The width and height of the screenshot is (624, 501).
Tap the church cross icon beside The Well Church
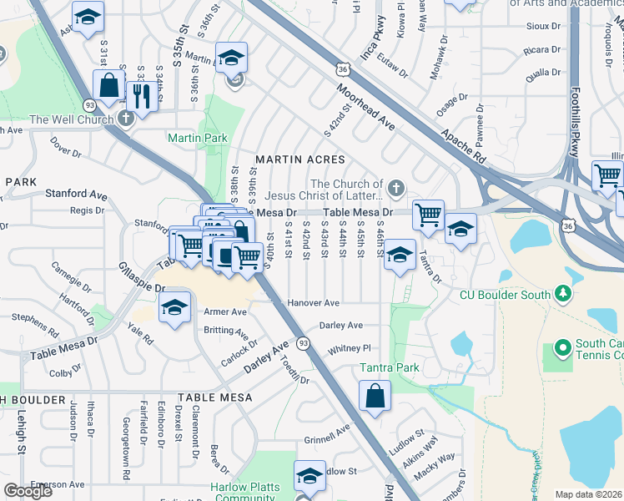coord(126,119)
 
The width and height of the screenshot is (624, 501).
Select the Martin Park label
coord(198,138)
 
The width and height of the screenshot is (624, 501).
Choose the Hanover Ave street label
coord(313,302)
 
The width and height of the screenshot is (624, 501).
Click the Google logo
coord(28,490)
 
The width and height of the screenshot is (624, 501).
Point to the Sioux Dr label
coord(543,26)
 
